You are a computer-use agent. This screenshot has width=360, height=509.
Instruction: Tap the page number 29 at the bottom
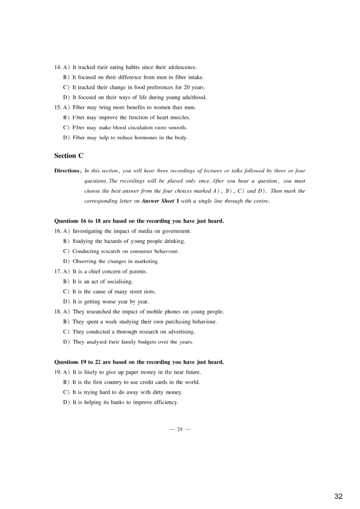coord(180,429)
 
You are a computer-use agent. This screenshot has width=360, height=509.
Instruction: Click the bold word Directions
coord(67,171)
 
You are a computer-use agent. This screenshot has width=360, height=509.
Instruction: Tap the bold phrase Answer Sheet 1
coord(160,201)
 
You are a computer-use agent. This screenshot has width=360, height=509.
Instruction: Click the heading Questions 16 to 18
coord(139,221)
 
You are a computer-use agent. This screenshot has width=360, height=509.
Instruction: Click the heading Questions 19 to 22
coord(139,362)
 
